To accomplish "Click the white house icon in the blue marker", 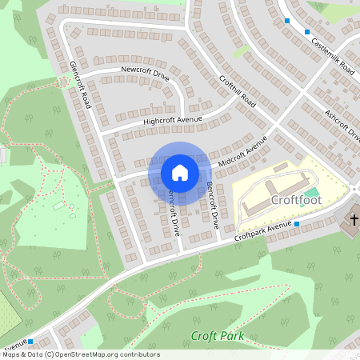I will (180, 173).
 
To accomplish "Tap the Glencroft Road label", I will (80, 84).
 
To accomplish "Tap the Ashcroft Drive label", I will (341, 125).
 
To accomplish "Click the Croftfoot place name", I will (296, 200).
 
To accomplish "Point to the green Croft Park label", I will (217, 336).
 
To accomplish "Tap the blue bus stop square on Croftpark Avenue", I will (296, 224).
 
